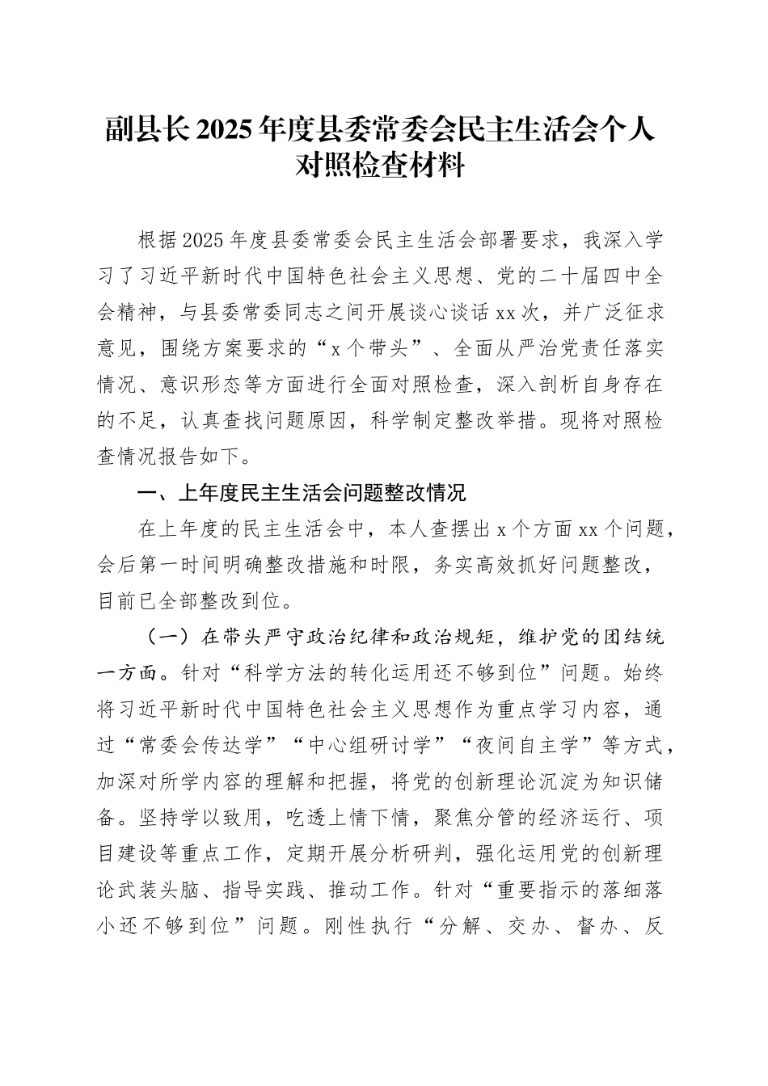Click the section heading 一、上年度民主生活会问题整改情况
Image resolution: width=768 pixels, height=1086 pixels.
[x=302, y=493]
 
